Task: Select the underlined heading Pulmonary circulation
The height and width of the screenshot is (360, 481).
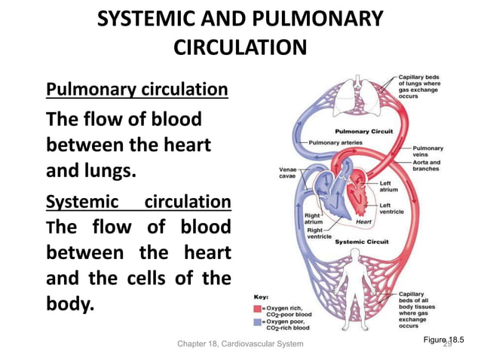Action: pyautogui.click(x=137, y=90)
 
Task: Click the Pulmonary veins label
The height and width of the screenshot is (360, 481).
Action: pyautogui.click(x=428, y=151)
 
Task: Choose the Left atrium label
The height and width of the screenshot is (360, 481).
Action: pyautogui.click(x=389, y=186)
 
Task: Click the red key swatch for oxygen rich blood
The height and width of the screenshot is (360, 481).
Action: pyautogui.click(x=258, y=307)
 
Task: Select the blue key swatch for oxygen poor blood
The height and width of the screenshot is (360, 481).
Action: pyautogui.click(x=258, y=322)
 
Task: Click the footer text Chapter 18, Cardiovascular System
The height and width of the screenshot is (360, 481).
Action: pyautogui.click(x=240, y=343)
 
